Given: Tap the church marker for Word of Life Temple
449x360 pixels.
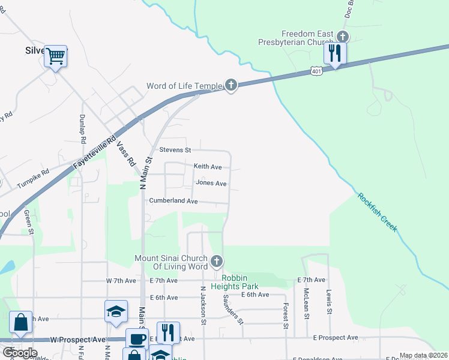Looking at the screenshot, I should (231, 85).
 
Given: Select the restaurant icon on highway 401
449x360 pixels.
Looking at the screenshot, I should (336, 53).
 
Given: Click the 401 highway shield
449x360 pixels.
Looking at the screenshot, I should (316, 71).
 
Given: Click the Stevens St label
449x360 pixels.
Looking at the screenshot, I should (175, 149).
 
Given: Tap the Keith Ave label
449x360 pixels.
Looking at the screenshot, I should (208, 166).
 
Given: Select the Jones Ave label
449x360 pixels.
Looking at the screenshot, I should (211, 183).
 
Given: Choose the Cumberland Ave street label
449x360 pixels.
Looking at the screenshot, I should (173, 201).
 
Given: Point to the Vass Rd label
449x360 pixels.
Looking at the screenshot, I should (125, 153).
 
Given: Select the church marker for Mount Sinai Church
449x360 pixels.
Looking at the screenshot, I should (217, 262).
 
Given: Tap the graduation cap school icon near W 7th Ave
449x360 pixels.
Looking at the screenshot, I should (116, 311).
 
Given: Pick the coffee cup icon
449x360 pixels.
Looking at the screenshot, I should (137, 338).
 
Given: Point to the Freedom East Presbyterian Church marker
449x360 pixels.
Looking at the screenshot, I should (343, 35).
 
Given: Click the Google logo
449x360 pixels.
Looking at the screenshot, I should (20, 352).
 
